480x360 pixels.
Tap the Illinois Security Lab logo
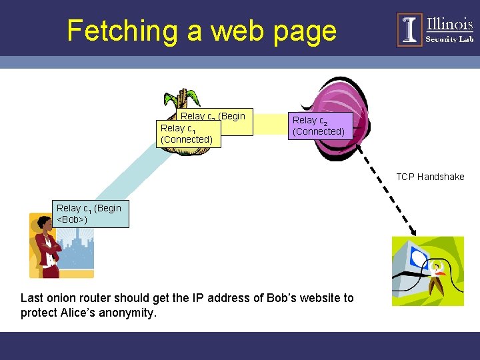(x=435, y=30)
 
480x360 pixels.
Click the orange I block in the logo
(x=409, y=30)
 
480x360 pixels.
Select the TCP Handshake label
(x=430, y=177)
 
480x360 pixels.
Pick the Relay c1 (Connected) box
(x=187, y=134)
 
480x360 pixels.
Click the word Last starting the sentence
(x=32, y=297)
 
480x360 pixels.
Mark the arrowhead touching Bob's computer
(x=411, y=231)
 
